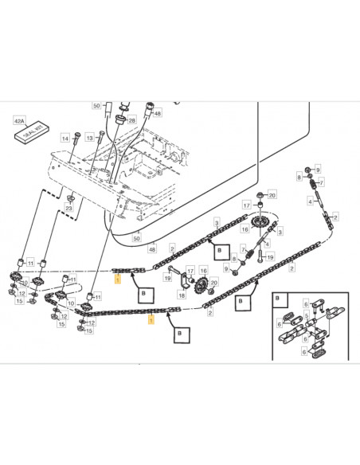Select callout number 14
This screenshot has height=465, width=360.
click(x=65, y=139)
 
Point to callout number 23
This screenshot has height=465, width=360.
click(x=69, y=208)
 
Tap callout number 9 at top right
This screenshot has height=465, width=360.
click(x=317, y=170)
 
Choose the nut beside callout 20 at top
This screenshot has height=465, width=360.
click(x=261, y=194)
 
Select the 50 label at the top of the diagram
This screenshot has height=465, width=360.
click(x=96, y=105)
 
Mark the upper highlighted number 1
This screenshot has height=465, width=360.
click(x=117, y=279)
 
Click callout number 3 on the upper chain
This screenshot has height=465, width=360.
click(x=217, y=222)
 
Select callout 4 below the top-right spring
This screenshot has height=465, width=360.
click(x=309, y=201)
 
